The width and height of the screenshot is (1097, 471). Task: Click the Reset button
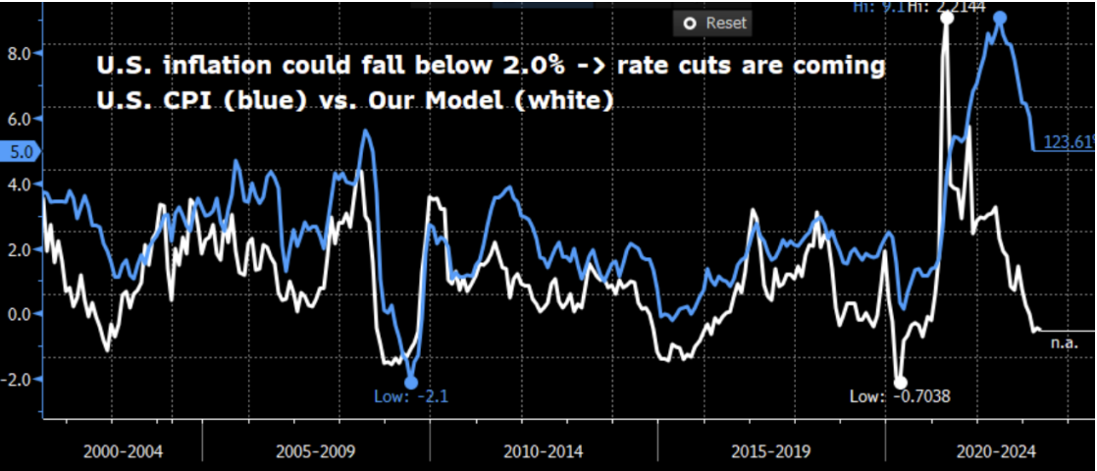tap(714, 23)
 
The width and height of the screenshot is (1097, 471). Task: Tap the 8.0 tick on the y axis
tap(21, 53)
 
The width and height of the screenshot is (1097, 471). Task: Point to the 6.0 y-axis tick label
tap(21, 119)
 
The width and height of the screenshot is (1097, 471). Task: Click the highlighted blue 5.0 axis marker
tap(20, 152)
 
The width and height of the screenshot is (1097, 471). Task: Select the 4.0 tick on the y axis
tap(21, 183)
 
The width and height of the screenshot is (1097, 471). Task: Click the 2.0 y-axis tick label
tap(21, 249)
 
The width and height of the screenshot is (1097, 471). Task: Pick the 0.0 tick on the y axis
tap(21, 314)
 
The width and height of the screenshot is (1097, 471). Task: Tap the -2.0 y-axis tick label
tap(18, 379)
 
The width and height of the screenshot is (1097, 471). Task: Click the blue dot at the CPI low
tap(411, 383)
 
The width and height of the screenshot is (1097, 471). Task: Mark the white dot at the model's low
tap(900, 382)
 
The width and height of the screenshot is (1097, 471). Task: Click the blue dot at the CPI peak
tap(1000, 18)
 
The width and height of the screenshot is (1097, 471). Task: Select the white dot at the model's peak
tap(947, 18)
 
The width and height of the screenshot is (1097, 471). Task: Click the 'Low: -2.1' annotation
tap(411, 397)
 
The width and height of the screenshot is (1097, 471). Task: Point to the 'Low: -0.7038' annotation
tap(900, 397)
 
